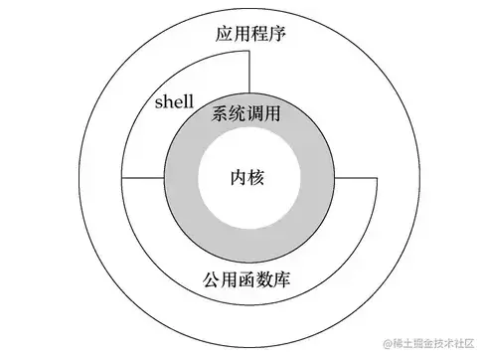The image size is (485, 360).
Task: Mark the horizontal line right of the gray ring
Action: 355,179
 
